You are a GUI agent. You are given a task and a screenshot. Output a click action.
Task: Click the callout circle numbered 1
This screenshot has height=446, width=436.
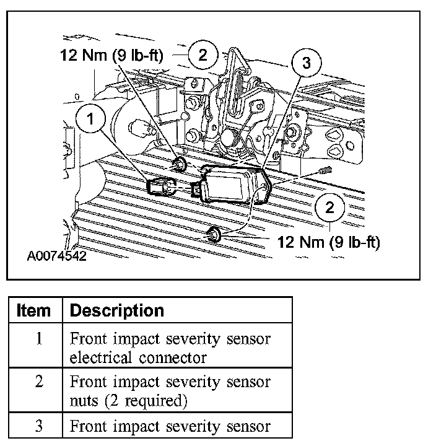[x=92, y=120]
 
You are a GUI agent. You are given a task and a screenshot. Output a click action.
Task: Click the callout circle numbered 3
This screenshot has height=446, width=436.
[x=304, y=63]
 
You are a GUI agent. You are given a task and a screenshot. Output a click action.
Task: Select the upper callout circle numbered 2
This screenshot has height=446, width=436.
[x=203, y=55]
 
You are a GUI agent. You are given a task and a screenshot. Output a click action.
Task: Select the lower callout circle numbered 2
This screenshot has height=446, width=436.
[x=329, y=208]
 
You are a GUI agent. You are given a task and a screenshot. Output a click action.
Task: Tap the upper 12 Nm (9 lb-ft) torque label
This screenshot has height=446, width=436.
[x=111, y=56]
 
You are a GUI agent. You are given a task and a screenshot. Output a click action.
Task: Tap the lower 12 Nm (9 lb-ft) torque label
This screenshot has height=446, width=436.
[x=329, y=241]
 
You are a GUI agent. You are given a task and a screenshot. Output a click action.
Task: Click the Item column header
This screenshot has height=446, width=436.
[x=34, y=310]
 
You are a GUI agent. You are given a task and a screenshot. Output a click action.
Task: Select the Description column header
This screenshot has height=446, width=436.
[x=117, y=310]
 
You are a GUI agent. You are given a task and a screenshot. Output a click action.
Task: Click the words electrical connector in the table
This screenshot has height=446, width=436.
[x=137, y=357]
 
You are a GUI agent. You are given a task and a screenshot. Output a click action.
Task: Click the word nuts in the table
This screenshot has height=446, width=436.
[x=81, y=401]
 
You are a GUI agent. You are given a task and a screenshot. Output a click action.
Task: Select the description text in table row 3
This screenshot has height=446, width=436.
[x=170, y=426]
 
